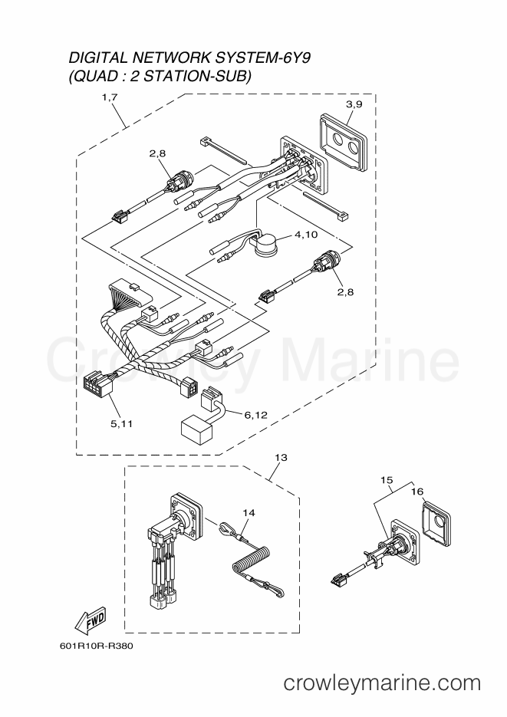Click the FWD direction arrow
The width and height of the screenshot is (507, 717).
(x=90, y=620)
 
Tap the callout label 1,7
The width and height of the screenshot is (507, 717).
(x=110, y=97)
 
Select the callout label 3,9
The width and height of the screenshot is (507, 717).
(x=354, y=104)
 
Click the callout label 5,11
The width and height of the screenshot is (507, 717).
(x=122, y=424)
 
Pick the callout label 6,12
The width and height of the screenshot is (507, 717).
(x=256, y=415)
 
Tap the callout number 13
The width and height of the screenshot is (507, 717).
(x=281, y=457)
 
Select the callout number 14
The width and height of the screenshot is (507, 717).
(x=249, y=513)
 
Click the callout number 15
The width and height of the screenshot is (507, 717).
(x=387, y=480)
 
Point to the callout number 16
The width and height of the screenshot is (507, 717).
(x=417, y=492)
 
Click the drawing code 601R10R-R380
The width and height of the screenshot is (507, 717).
(x=96, y=646)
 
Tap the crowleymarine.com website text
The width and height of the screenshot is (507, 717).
(x=382, y=683)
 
